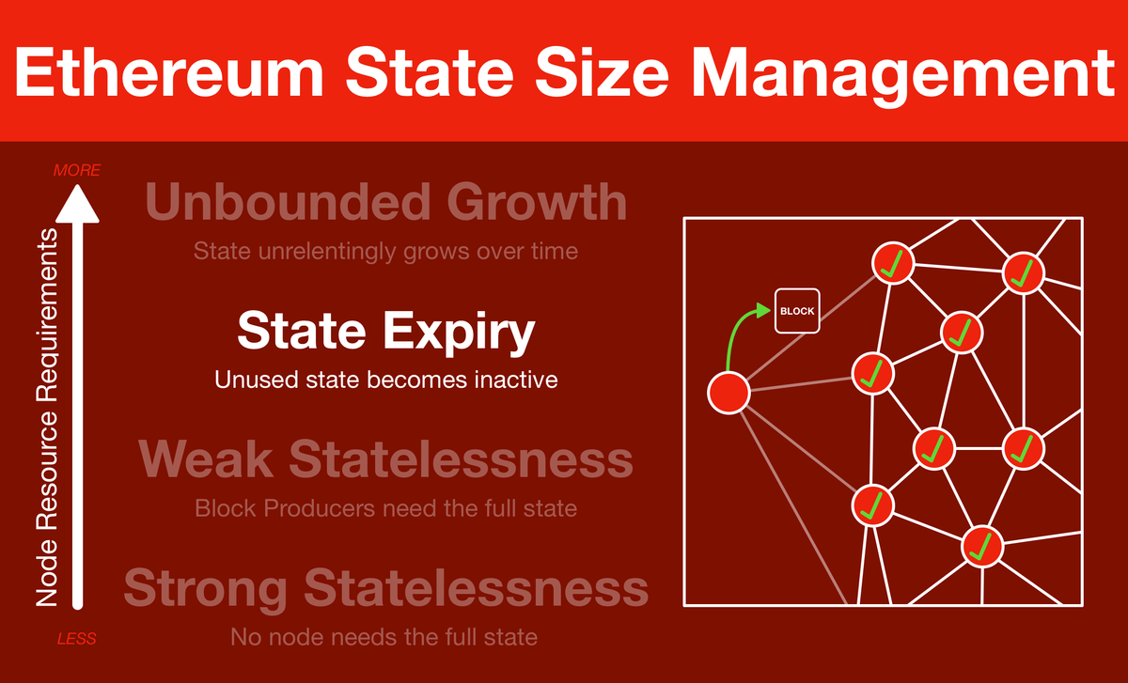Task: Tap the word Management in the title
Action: tap(903, 76)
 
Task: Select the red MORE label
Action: tap(77, 170)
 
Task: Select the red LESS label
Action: tap(76, 639)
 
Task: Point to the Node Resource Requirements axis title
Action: tap(47, 417)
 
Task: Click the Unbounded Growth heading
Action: tap(385, 202)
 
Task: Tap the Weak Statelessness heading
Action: tap(385, 459)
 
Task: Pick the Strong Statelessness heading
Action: tap(385, 589)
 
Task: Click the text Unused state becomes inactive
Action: tap(385, 380)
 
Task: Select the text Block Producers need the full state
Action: tap(385, 508)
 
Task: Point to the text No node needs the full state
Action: tap(384, 637)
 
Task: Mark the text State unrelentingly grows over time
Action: tap(385, 251)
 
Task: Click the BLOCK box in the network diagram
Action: tap(797, 311)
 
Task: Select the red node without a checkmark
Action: tap(728, 393)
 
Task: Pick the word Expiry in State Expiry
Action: tap(459, 334)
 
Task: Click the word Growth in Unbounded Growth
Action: tap(537, 202)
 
